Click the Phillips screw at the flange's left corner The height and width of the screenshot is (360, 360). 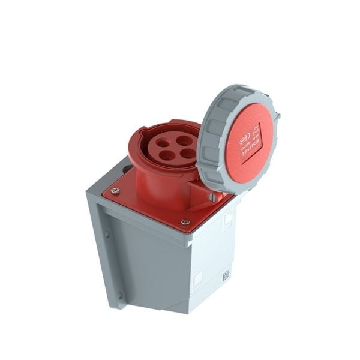[115, 191]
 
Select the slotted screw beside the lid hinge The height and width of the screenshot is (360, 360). [213, 196]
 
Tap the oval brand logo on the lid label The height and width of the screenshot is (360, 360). [243, 142]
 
